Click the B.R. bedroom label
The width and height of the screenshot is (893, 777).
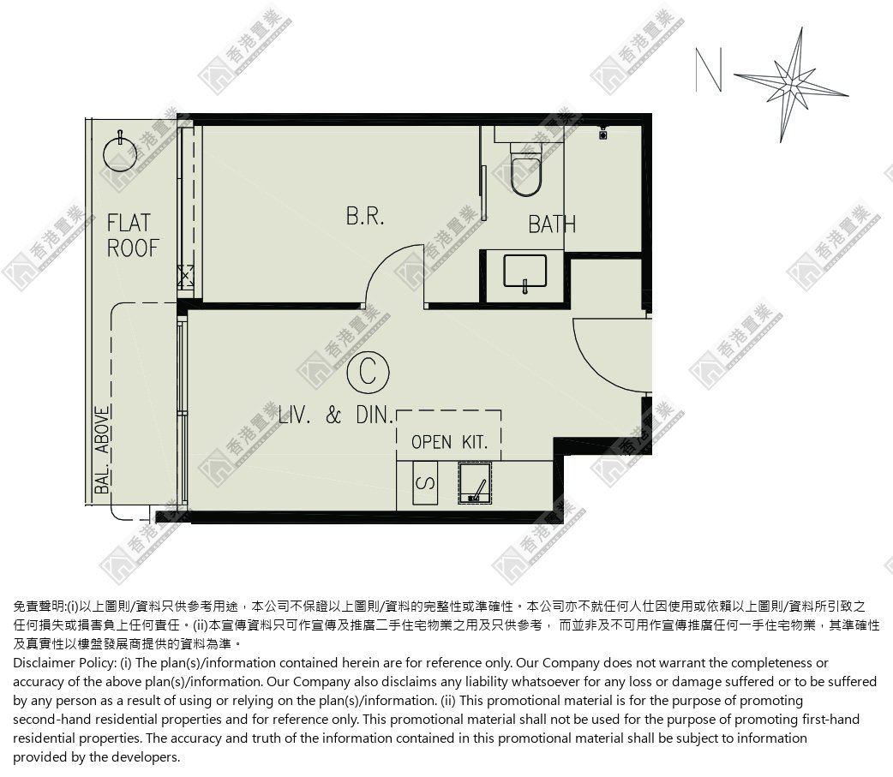click(365, 216)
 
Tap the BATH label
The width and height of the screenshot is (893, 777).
click(552, 224)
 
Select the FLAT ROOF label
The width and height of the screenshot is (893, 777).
click(133, 235)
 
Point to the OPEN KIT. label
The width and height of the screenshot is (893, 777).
click(449, 442)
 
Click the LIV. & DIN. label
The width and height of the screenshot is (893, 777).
click(335, 415)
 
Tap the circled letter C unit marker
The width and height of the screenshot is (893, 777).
click(368, 373)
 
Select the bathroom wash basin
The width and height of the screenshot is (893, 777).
click(525, 272)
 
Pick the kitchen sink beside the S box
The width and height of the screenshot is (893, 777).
click(475, 482)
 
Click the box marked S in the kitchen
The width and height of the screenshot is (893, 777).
click(425, 483)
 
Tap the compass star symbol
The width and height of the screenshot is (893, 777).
click(792, 85)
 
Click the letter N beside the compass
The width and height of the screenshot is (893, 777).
click(709, 69)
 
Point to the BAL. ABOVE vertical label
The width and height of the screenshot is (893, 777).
click(102, 450)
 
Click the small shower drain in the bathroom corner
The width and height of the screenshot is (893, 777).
click(602, 134)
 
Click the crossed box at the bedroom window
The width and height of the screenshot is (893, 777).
click(186, 278)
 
